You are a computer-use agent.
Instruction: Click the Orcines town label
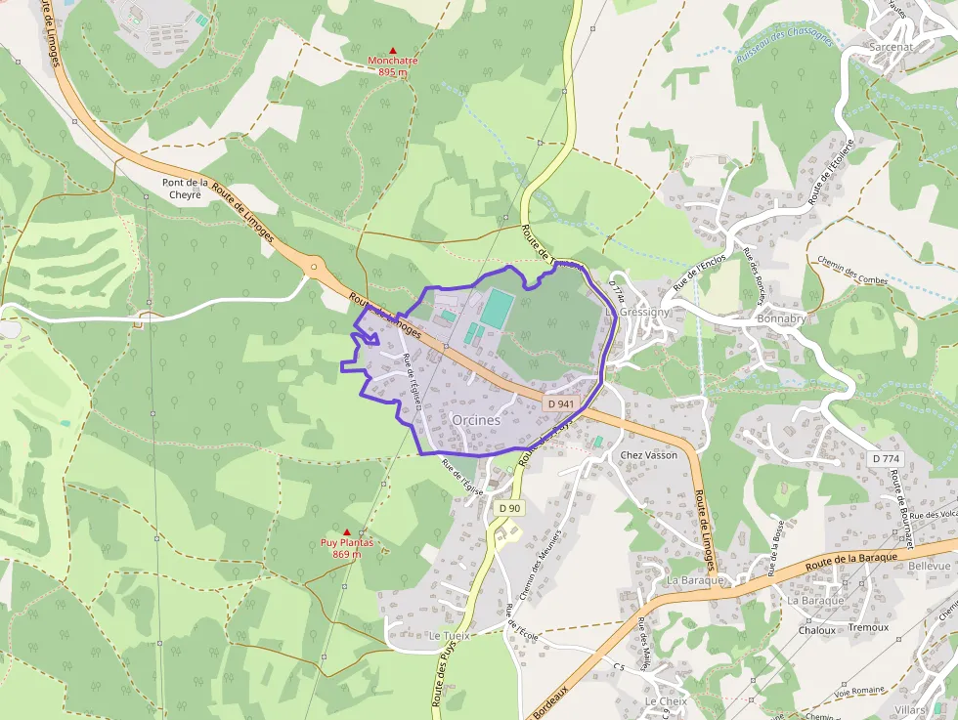pos(476,419)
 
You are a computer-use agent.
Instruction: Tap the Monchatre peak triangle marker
pos(393,50)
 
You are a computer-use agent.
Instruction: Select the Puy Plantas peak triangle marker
pos(346,532)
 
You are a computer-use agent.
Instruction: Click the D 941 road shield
pos(560,403)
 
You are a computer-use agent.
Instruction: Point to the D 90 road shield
pos(509,508)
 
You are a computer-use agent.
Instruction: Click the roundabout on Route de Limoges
pos(314,266)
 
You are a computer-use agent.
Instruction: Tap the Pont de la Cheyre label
pos(186,189)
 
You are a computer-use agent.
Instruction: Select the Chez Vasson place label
pos(649,455)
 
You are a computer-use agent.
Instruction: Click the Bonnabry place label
pos(781,319)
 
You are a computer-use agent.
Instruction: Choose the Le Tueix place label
pos(450,635)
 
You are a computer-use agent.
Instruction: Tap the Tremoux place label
pos(869,627)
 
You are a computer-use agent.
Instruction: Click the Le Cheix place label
pos(666,701)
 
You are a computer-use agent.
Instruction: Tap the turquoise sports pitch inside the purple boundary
pos(497,308)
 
